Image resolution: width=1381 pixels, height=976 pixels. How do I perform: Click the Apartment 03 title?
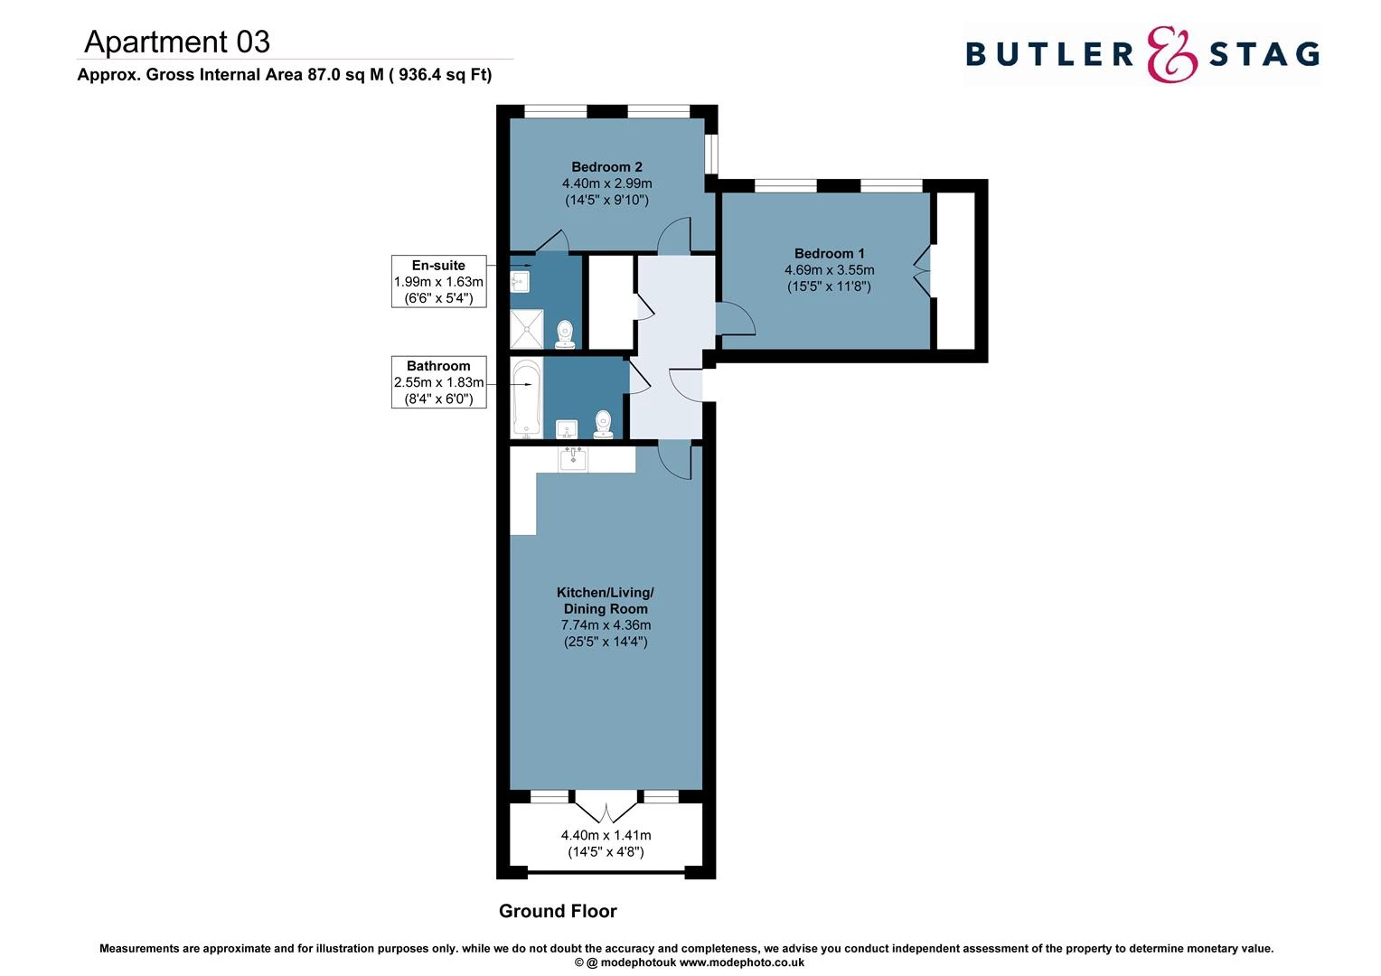tap(177, 42)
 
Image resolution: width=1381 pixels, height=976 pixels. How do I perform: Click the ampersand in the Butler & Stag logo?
tap(1171, 54)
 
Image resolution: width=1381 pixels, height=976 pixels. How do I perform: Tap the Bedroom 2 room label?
tap(606, 167)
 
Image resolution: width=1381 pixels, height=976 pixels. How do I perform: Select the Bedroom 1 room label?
tap(829, 254)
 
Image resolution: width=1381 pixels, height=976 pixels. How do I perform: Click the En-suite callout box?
tap(438, 281)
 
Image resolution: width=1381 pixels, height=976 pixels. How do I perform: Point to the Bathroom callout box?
tap(438, 382)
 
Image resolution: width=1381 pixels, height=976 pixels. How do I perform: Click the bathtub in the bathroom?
tap(526, 398)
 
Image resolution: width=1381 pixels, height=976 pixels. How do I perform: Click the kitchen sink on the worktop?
tap(573, 459)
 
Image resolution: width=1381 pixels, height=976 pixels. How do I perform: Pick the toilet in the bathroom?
tap(604, 424)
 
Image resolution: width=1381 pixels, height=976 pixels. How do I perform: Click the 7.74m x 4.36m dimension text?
tap(606, 625)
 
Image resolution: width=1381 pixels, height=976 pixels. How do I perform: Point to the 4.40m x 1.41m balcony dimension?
tap(606, 836)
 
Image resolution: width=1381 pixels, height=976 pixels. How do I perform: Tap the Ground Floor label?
tap(558, 911)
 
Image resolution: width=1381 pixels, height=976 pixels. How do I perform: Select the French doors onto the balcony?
tap(606, 804)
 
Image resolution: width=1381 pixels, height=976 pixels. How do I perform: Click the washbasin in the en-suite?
tap(519, 282)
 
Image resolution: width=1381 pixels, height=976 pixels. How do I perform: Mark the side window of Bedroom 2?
tap(711, 154)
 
